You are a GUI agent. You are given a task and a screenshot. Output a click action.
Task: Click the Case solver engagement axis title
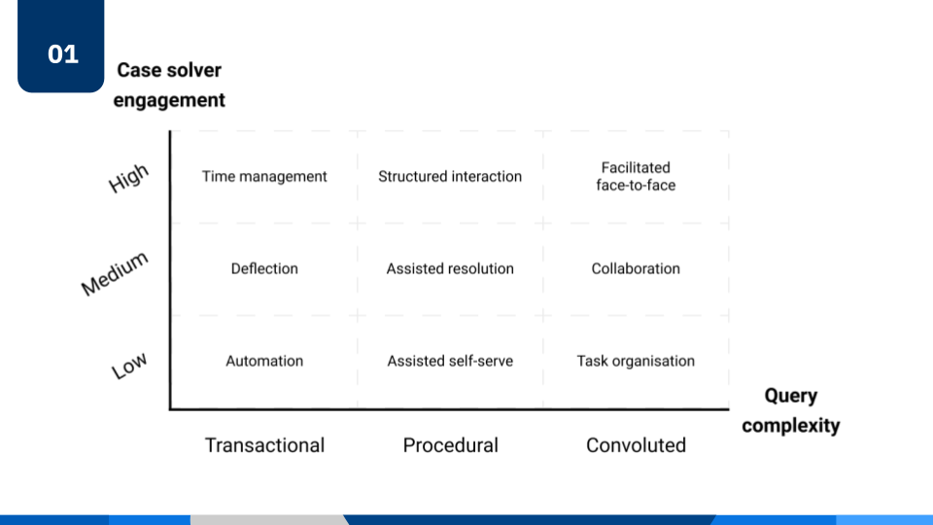pos(169,85)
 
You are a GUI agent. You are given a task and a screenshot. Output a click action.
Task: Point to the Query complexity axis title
pos(790,409)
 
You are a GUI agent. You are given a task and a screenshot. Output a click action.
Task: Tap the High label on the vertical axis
pos(128,178)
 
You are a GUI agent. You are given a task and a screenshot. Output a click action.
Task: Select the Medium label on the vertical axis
pos(115,273)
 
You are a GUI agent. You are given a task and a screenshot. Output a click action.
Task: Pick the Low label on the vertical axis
pos(129,367)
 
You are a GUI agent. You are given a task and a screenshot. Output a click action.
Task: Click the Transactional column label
pos(264,445)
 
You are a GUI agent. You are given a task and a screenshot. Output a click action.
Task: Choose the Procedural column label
pos(450,445)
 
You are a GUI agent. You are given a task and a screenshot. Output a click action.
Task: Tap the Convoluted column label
pos(636,445)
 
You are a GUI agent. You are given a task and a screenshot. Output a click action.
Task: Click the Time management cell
pos(264,176)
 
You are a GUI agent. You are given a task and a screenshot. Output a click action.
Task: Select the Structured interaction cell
pos(450,176)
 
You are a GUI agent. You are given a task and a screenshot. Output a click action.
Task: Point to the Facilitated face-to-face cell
pos(636,176)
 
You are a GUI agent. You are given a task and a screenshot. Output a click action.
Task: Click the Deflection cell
pos(264,268)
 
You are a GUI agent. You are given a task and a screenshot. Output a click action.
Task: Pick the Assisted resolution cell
pos(450,268)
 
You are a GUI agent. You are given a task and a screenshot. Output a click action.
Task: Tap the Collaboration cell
pos(636,268)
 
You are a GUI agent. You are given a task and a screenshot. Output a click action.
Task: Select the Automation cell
pos(264,361)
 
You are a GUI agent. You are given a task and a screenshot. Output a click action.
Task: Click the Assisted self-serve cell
pos(450,361)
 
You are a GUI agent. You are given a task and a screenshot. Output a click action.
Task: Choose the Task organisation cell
pos(636,361)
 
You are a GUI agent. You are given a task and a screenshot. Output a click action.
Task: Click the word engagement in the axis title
pos(169,100)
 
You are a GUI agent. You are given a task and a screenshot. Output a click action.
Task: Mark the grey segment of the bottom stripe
pos(267,520)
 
